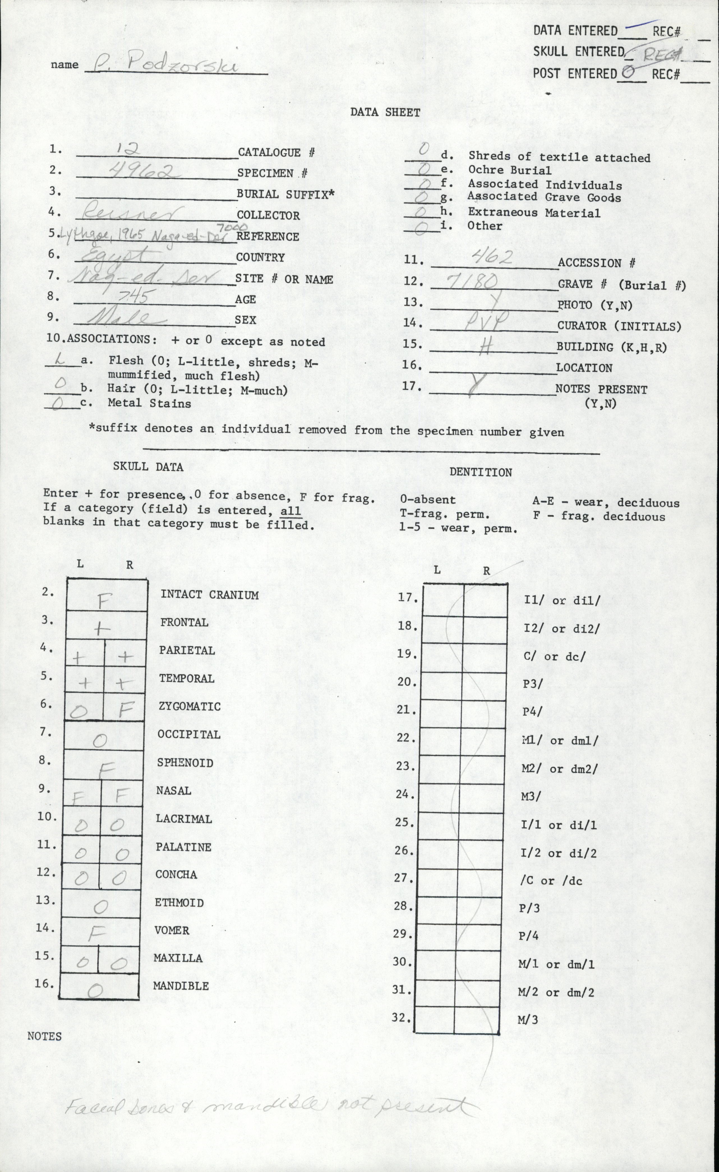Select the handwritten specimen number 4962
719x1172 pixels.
click(x=143, y=170)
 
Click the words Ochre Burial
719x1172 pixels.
click(x=510, y=170)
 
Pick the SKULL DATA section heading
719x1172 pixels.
click(x=148, y=467)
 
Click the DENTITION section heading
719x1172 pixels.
click(x=481, y=472)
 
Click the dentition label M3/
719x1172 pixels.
click(x=531, y=796)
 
